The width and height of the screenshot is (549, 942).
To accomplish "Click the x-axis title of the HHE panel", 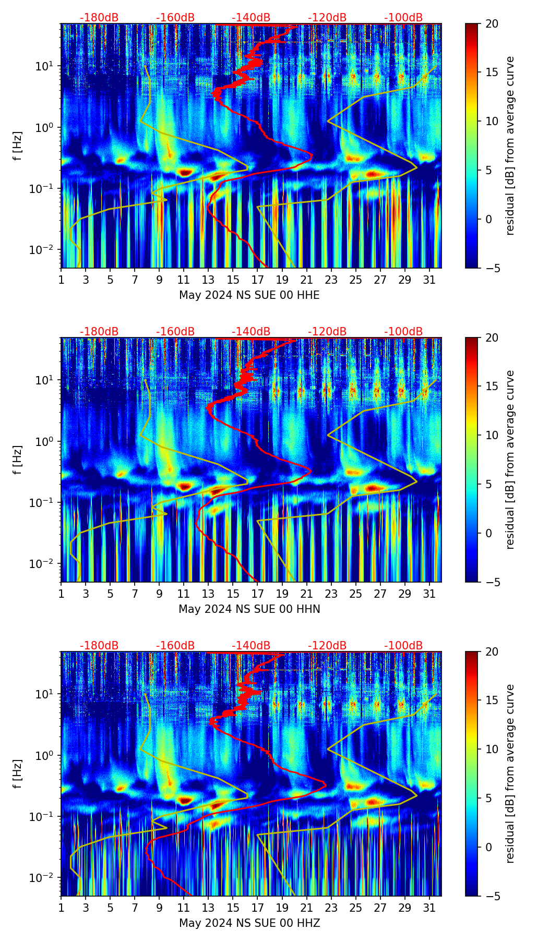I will click(249, 295).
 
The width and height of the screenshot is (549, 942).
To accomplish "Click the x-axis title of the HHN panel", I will click(249, 609).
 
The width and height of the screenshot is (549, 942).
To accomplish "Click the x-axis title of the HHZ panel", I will click(249, 923).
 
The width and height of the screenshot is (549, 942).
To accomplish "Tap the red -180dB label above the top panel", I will click(99, 18).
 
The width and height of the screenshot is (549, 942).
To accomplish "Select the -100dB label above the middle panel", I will click(403, 332).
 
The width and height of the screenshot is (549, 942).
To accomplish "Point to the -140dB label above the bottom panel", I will click(251, 646).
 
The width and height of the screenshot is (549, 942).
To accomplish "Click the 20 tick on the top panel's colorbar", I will click(492, 24).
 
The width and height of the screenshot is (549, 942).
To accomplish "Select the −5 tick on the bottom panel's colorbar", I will click(492, 896).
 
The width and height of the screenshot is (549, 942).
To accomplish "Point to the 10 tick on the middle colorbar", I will click(492, 435).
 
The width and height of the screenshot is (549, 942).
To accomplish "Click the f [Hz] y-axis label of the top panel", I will click(18, 146).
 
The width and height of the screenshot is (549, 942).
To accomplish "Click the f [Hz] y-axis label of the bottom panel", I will click(18, 774).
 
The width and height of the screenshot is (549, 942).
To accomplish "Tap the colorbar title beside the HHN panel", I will click(510, 460).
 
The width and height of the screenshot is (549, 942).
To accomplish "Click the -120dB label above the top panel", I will click(327, 18).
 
